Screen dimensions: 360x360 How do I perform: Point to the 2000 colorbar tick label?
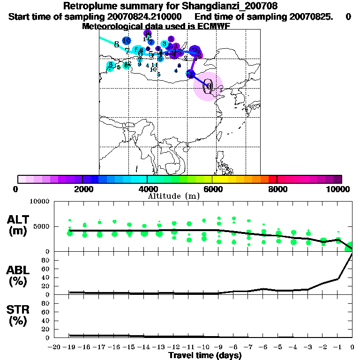(x=82, y=189)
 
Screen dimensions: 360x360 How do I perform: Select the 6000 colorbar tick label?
(x=212, y=189)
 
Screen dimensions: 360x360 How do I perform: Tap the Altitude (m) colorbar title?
(x=173, y=196)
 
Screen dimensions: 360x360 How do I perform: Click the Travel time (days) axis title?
(x=205, y=356)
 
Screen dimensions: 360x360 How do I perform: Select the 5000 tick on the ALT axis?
(x=40, y=226)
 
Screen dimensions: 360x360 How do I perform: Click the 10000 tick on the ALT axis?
(x=38, y=202)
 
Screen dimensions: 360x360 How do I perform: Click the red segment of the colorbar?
(x=272, y=179)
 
